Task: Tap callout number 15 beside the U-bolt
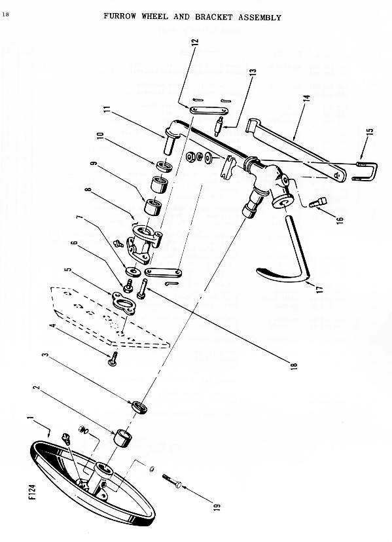pyautogui.click(x=370, y=133)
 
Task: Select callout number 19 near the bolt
pyautogui.click(x=217, y=507)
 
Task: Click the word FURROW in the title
pyautogui.click(x=120, y=16)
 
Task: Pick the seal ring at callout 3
pyautogui.click(x=139, y=407)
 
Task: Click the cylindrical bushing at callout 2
pyautogui.click(x=123, y=438)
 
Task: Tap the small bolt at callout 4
pyautogui.click(x=113, y=359)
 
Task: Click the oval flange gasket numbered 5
pyautogui.click(x=124, y=303)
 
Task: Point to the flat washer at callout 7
pyautogui.click(x=134, y=272)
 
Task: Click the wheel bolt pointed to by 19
pyautogui.click(x=172, y=481)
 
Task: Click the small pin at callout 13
pyautogui.click(x=219, y=126)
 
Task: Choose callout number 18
pyautogui.click(x=294, y=366)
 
